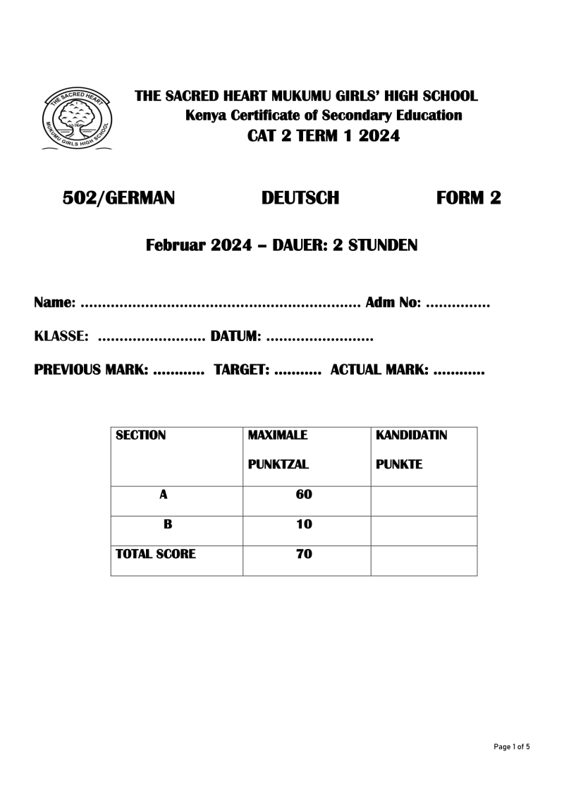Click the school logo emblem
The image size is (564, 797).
click(x=74, y=119)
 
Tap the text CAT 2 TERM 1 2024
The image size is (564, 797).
click(x=324, y=136)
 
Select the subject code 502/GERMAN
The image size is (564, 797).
click(x=118, y=199)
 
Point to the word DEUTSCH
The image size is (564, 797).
click(x=300, y=199)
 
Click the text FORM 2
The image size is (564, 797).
click(x=469, y=199)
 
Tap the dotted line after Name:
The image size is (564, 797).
click(x=221, y=306)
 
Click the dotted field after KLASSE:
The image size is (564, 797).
click(x=150, y=339)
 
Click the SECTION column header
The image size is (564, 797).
click(x=141, y=435)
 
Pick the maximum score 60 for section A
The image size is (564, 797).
click(x=304, y=495)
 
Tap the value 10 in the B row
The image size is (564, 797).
click(x=304, y=524)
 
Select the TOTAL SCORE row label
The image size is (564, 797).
click(x=156, y=555)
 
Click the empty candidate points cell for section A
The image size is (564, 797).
click(x=424, y=500)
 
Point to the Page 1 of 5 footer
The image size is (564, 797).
click(x=511, y=746)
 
